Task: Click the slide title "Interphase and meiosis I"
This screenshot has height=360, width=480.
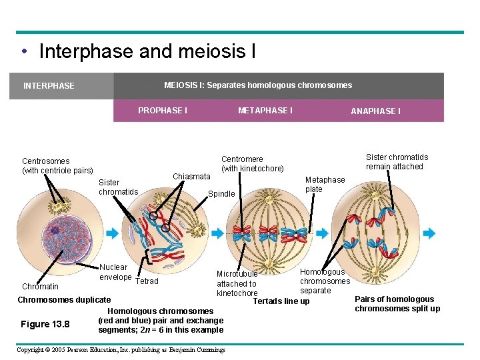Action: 147,51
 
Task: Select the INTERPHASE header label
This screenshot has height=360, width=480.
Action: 49,86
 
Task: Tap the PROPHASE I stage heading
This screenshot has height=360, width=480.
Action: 162,110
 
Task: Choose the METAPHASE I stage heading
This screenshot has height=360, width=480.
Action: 265,110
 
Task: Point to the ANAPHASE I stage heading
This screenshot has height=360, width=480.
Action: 375,111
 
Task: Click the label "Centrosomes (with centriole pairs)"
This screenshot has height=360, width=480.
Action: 57,166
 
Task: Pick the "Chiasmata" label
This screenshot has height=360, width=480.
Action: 191,177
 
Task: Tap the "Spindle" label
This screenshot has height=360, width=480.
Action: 222,194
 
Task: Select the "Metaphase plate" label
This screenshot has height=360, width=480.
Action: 325,184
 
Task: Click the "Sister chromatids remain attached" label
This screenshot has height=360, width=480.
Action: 397,162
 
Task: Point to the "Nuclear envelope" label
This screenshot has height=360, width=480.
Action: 115,272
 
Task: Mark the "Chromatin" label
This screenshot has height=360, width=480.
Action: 40,287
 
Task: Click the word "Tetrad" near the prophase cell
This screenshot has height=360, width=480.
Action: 147,281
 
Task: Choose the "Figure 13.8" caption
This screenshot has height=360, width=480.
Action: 45,324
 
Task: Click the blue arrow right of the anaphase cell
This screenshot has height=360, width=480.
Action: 429,233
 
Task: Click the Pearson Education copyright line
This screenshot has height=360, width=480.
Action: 121,349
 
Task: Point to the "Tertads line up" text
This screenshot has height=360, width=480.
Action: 281,301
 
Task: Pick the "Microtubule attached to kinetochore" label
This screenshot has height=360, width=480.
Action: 237,283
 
